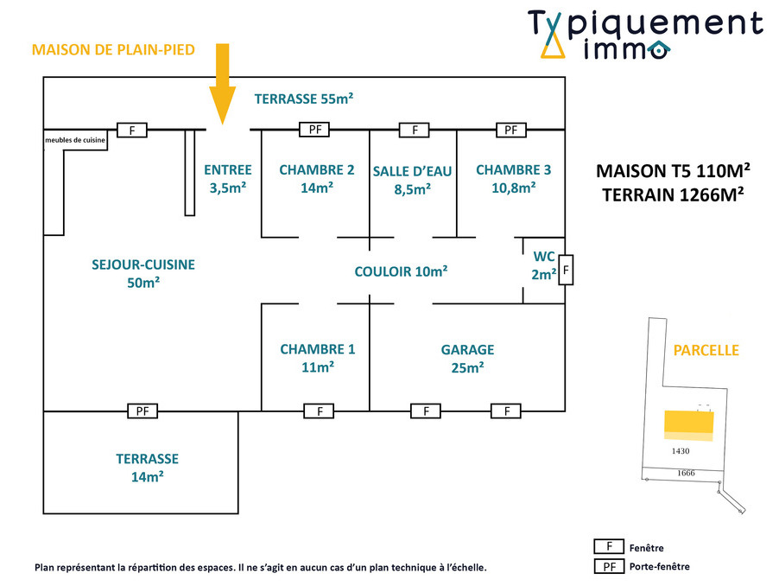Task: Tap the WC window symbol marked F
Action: click(x=566, y=271)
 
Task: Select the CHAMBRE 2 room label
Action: click(x=316, y=178)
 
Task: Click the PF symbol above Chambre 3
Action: click(x=510, y=131)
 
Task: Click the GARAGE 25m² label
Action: click(x=467, y=358)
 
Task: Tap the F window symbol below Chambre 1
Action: click(x=320, y=411)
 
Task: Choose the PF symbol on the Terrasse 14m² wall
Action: click(x=142, y=411)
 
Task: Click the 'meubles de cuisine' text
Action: click(x=75, y=139)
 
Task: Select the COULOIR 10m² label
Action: click(x=401, y=271)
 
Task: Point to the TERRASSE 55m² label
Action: click(x=304, y=99)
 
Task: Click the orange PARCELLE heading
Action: click(x=706, y=350)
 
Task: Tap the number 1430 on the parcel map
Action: click(x=680, y=450)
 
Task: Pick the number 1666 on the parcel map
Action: click(x=686, y=473)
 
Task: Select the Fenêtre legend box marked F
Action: click(x=609, y=547)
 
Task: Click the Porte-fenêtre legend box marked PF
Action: click(x=609, y=567)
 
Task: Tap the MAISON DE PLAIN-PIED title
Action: click(x=113, y=50)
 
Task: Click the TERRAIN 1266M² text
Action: click(x=673, y=194)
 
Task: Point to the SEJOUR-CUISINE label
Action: click(x=143, y=273)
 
